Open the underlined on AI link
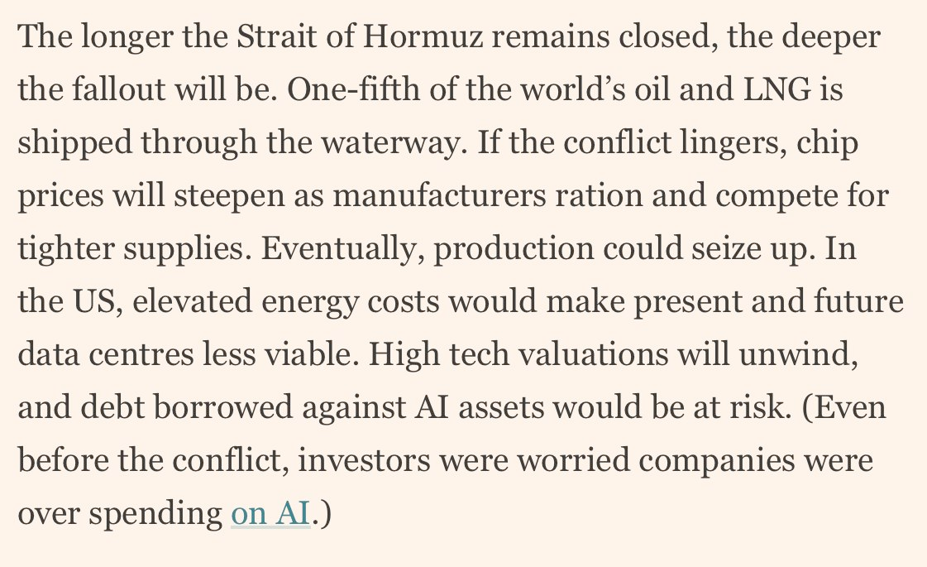270,514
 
